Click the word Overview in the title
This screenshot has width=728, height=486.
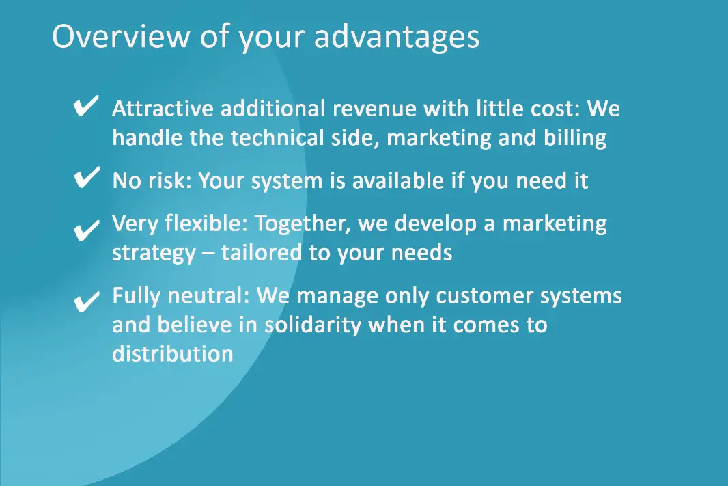(121, 36)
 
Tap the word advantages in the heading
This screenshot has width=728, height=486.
(397, 37)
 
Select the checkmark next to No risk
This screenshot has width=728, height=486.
(86, 177)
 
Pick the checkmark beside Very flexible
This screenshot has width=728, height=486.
(86, 230)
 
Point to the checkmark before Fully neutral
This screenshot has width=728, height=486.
(86, 301)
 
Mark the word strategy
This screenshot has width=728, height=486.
(154, 254)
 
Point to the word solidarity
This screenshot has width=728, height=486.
(313, 325)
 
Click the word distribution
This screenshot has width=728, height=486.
(173, 353)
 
